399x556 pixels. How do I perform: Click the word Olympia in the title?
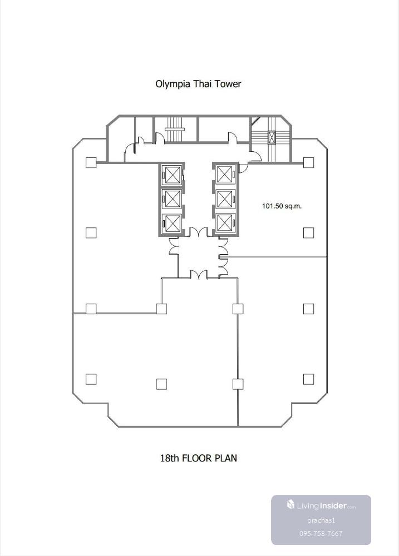click(x=173, y=85)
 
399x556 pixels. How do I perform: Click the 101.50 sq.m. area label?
click(x=282, y=206)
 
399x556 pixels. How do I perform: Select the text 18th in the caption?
click(x=169, y=458)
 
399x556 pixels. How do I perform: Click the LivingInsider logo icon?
click(x=290, y=505)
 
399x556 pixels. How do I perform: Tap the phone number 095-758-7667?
click(x=321, y=533)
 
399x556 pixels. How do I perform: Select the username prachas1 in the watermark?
click(x=321, y=520)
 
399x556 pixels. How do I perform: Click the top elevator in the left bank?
click(x=171, y=174)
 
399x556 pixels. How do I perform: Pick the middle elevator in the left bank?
click(x=171, y=198)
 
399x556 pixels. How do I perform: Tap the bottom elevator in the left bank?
click(x=171, y=224)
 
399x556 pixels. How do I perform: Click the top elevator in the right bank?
click(x=225, y=174)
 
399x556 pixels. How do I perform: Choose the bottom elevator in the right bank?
click(x=225, y=224)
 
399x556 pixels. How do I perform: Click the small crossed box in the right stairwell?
click(x=272, y=137)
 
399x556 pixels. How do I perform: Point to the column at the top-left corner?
click(x=91, y=162)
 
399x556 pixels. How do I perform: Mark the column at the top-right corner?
click(x=308, y=162)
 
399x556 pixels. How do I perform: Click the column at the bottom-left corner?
click(x=91, y=379)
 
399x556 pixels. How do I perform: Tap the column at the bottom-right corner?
click(x=308, y=379)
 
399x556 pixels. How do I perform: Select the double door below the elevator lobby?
click(x=198, y=275)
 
